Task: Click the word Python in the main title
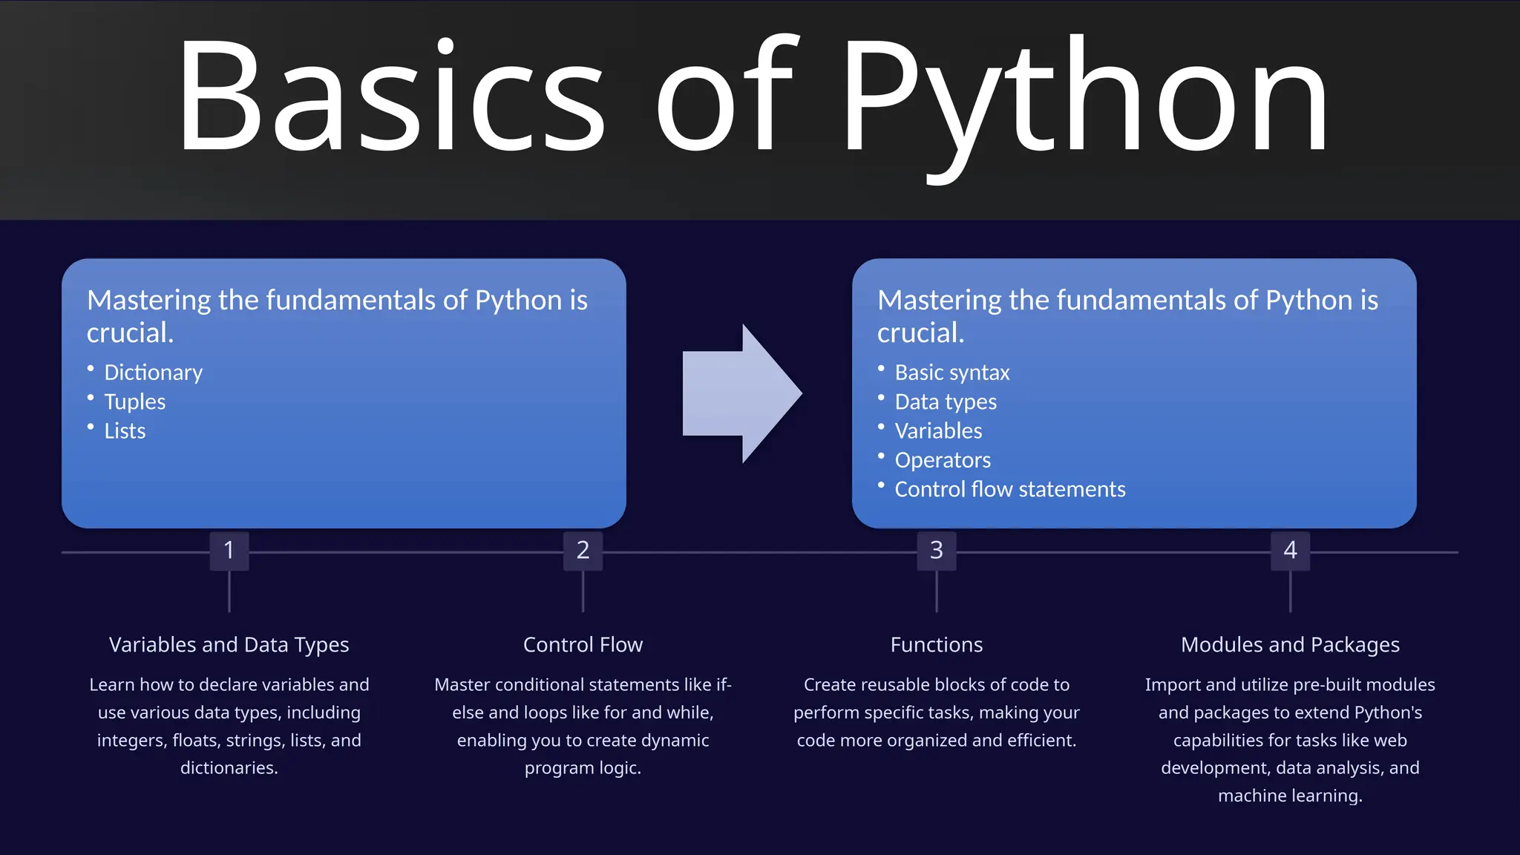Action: (x=1084, y=96)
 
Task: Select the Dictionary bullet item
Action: (x=153, y=373)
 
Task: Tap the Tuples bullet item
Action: (x=134, y=402)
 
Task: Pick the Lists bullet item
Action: (x=125, y=431)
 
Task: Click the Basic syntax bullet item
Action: (x=951, y=373)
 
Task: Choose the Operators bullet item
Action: (x=943, y=460)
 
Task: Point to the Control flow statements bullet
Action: (x=1009, y=490)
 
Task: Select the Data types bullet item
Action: (x=946, y=402)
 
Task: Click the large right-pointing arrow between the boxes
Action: (x=741, y=393)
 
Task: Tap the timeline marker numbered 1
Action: (x=229, y=551)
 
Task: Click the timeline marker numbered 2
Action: (x=583, y=551)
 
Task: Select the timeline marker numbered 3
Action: (x=937, y=551)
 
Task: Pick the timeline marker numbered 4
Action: (x=1290, y=551)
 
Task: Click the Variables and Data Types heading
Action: (x=229, y=644)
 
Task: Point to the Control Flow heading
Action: (x=583, y=644)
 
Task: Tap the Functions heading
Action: (x=937, y=644)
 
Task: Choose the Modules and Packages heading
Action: (x=1290, y=644)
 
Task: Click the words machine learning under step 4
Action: (x=1289, y=796)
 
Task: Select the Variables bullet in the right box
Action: (x=938, y=431)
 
